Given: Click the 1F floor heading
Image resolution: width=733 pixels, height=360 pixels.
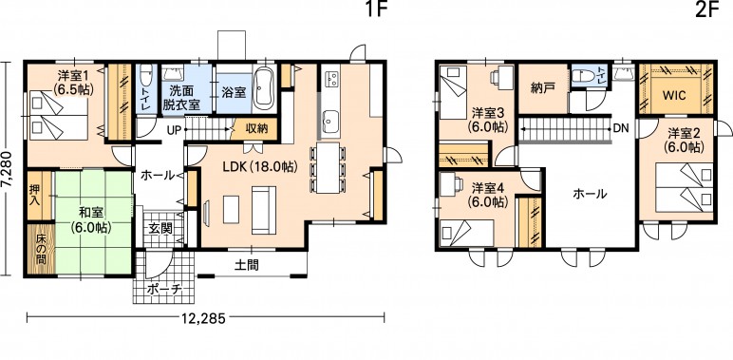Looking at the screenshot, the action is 376,9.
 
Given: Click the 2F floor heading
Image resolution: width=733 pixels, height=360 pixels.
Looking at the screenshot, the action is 706,9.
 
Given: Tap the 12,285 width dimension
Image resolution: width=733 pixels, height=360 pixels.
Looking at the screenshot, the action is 205,319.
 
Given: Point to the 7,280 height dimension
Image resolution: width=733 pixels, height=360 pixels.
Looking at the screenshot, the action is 7,169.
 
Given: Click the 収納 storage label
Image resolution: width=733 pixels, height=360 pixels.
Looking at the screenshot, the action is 256,127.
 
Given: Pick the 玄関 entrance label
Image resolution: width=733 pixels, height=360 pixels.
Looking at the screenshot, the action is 160,229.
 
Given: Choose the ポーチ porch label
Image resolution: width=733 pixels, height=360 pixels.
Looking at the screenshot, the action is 164,289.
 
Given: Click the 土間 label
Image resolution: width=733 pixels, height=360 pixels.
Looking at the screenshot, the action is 246,266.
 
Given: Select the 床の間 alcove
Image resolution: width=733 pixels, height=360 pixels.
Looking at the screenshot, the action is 40,251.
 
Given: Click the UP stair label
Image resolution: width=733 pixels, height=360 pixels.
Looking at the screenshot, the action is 174,130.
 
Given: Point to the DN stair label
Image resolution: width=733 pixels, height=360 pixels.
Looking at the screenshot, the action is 621,127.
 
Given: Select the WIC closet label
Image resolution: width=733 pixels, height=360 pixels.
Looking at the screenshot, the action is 674,95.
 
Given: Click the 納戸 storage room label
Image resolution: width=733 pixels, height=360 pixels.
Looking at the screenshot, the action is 543,88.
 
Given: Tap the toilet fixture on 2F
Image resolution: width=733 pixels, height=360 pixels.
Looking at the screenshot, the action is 583,76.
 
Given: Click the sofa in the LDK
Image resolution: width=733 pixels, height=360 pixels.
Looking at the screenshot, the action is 264,210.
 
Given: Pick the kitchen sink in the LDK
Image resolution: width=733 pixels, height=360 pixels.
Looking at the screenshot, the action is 330,122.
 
